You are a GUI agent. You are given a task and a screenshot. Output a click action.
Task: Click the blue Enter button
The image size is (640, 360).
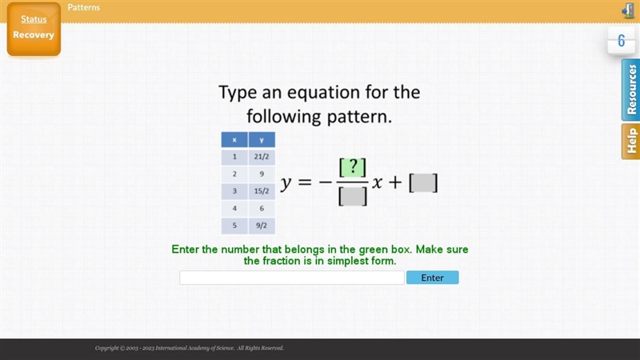point(432,278)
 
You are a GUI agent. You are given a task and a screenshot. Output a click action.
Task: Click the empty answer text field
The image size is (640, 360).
point(292,278)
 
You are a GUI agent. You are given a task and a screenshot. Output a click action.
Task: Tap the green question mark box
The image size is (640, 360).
point(353,168)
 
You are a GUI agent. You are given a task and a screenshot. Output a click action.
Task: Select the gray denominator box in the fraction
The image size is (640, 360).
point(353,196)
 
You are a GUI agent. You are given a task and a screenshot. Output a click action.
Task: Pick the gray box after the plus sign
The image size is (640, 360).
point(423,182)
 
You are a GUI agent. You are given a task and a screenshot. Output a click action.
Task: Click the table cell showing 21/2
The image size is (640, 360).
point(262,157)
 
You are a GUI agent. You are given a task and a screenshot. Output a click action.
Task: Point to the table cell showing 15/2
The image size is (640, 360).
point(262,191)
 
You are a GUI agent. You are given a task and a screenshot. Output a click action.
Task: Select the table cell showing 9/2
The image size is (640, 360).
point(262,226)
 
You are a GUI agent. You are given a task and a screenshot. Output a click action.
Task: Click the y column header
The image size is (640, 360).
point(262,139)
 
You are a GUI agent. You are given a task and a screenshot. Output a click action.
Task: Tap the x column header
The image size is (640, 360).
point(234,139)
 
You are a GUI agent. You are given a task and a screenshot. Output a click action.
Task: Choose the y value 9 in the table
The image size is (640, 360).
point(262,174)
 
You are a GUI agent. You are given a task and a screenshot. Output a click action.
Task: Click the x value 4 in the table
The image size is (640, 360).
point(234,208)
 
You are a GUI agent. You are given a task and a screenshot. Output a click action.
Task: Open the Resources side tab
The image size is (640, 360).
point(631,90)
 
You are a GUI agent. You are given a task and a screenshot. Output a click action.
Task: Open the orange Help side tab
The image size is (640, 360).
point(631,142)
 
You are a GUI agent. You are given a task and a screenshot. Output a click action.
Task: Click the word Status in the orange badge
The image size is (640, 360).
point(34,19)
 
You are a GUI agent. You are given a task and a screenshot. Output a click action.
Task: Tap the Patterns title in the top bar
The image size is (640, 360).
point(84,7)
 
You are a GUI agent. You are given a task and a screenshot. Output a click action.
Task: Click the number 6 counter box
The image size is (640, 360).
point(622,41)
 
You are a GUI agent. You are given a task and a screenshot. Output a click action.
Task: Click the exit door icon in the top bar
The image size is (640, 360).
point(628,10)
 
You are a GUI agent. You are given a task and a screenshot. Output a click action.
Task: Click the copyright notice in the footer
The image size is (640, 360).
point(190,348)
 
